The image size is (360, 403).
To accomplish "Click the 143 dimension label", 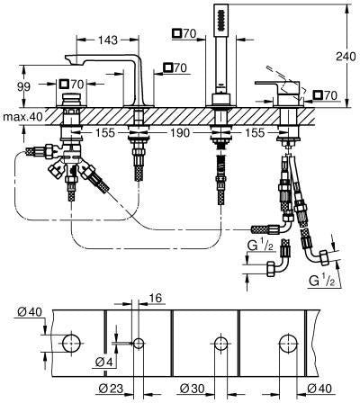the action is (x=108, y=40).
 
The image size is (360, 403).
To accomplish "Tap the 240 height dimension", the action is (x=346, y=56).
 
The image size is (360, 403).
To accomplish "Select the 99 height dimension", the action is (x=23, y=87).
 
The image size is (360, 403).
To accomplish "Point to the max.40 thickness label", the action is (x=22, y=117).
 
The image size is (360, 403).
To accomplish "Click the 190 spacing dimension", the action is (x=180, y=132).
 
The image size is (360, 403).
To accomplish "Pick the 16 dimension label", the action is (x=155, y=298).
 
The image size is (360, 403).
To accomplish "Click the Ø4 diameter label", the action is (x=103, y=363).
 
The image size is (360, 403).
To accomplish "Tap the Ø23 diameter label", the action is (x=111, y=389).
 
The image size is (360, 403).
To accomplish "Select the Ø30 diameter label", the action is (x=193, y=389).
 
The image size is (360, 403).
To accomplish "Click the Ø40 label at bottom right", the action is (x=319, y=389).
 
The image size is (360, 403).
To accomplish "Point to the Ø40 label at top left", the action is (x=30, y=312).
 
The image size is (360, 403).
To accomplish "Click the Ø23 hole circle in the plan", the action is (x=139, y=343).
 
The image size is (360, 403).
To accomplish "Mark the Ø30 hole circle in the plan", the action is (x=221, y=343).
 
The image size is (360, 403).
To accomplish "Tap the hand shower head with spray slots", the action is (x=221, y=21).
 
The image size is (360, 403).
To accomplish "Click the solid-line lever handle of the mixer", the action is (x=276, y=85).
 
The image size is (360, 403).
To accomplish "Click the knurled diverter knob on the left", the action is (x=71, y=98).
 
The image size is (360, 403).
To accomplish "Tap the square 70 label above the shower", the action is (x=184, y=33).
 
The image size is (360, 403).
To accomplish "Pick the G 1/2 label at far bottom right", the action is (x=322, y=281).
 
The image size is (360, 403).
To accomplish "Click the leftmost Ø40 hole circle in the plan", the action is (x=72, y=343).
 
